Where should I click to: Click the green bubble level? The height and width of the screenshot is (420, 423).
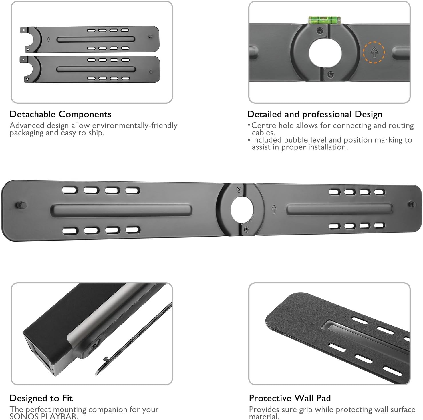pyautogui.click(x=325, y=20)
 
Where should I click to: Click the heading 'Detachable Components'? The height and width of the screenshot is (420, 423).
pyautogui.click(x=60, y=114)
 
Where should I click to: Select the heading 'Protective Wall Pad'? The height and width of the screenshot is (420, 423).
pyautogui.click(x=290, y=398)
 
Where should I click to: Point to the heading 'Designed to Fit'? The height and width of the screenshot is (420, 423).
pyautogui.click(x=41, y=398)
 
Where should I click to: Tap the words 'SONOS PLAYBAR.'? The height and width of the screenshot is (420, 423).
pyautogui.click(x=44, y=417)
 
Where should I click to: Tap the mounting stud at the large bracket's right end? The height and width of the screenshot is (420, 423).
pyautogui.click(x=412, y=204)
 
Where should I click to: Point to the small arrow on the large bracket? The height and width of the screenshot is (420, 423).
pyautogui.click(x=274, y=209)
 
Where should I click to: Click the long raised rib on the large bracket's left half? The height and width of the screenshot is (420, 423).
pyautogui.click(x=122, y=210)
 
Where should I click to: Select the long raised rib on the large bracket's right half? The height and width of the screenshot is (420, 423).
pyautogui.click(x=339, y=209)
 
